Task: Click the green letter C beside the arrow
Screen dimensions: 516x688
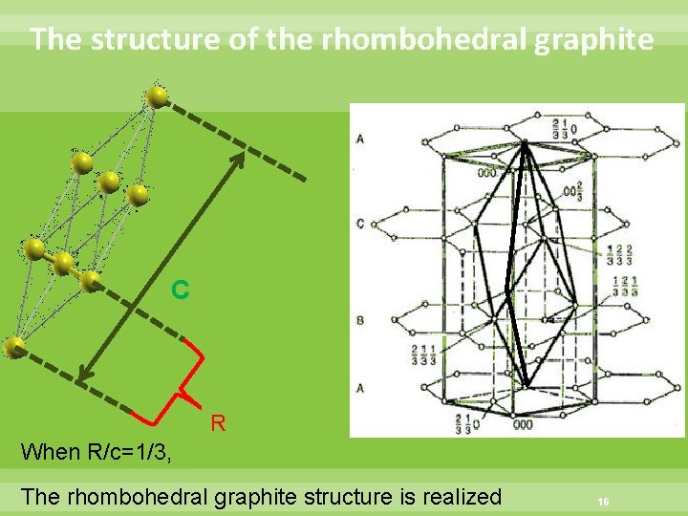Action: pyautogui.click(x=180, y=288)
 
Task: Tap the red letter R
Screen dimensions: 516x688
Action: pyautogui.click(x=218, y=422)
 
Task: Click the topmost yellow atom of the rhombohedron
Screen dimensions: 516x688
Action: pyautogui.click(x=157, y=96)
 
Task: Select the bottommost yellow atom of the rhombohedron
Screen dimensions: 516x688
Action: pyautogui.click(x=14, y=348)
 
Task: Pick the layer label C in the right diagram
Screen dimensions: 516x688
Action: pyautogui.click(x=360, y=223)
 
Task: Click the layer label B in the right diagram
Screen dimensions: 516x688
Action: pyautogui.click(x=360, y=320)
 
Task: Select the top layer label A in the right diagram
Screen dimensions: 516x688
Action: pyautogui.click(x=360, y=140)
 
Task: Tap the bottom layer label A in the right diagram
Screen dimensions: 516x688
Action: pyautogui.click(x=360, y=388)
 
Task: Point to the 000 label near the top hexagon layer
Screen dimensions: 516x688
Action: pyautogui.click(x=486, y=173)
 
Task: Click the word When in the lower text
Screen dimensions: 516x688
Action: pyautogui.click(x=50, y=451)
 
